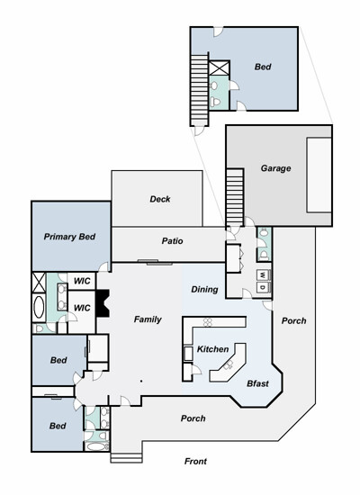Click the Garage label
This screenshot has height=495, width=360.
tap(275, 168)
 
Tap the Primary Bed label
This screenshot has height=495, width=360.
tap(69, 237)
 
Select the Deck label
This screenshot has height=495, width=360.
tap(160, 199)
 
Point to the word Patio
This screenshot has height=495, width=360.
tap(172, 241)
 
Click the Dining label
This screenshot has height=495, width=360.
tap(204, 290)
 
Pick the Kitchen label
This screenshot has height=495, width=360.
tap(212, 349)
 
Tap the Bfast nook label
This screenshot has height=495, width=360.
tap(257, 383)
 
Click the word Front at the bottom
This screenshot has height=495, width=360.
tap(195, 461)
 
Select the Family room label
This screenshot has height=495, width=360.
tap(148, 319)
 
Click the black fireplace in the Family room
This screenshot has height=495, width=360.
tap(103, 303)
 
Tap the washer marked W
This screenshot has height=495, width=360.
tap(264, 275)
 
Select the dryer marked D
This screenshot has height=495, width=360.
tap(264, 287)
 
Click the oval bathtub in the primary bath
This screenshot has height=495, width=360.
tap(39, 308)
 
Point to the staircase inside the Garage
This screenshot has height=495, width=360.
tap(235, 198)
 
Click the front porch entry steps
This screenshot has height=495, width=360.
tap(126, 458)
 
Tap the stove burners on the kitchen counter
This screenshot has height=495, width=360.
tap(208, 322)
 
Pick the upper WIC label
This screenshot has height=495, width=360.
tap(82, 281)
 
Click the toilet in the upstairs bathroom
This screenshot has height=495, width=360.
tap(216, 102)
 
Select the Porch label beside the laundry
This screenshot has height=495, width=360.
tap(293, 320)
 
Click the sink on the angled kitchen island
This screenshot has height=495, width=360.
tap(228, 365)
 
